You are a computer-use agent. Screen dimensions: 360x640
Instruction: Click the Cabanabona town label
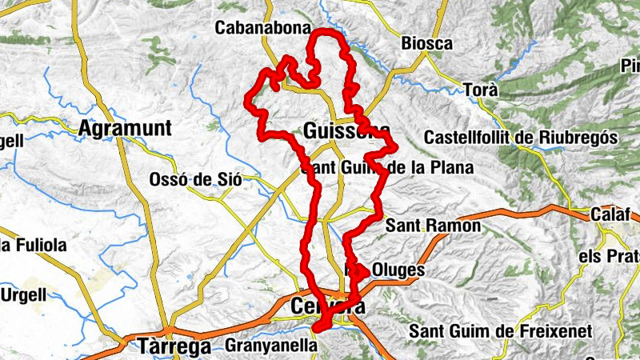pyautogui.click(x=263, y=28)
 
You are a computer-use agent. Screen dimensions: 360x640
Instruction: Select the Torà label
pyautogui.click(x=482, y=90)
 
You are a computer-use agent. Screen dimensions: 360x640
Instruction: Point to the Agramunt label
pyautogui.click(x=126, y=128)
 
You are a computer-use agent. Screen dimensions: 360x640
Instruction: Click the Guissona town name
pyautogui.click(x=347, y=130)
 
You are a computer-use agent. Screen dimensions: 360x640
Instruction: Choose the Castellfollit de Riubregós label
pyautogui.click(x=522, y=138)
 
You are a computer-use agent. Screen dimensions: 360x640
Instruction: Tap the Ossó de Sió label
pyautogui.click(x=195, y=180)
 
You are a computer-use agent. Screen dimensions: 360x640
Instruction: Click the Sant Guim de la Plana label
pyautogui.click(x=387, y=168)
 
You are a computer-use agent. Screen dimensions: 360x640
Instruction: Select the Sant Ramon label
pyautogui.click(x=433, y=226)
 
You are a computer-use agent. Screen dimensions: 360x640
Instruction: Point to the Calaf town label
pyautogui.click(x=611, y=214)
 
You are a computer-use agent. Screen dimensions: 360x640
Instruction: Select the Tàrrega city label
pyautogui.click(x=174, y=346)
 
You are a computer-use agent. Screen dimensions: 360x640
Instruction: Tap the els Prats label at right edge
pyautogui.click(x=612, y=256)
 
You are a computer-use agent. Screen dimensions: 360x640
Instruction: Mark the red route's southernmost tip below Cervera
pyautogui.click(x=318, y=328)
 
